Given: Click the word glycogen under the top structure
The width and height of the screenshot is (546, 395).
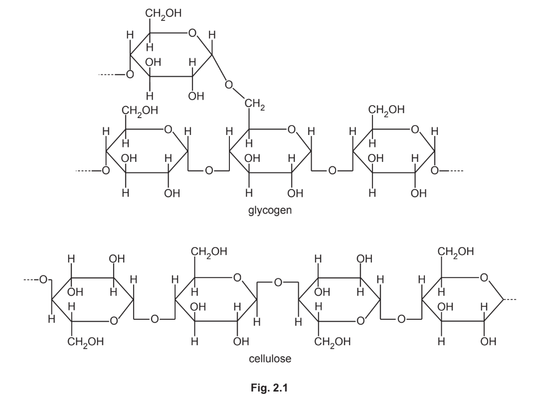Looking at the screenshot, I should click(270, 211).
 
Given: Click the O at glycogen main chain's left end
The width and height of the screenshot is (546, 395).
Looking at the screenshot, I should click(105, 171).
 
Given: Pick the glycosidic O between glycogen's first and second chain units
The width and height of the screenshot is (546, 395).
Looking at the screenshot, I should click(209, 171).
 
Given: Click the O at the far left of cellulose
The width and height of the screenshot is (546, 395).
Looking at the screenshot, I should click(43, 279).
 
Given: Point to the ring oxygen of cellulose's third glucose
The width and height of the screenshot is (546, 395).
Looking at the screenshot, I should click(361, 322).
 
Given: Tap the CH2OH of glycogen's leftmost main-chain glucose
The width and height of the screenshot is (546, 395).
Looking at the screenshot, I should click(136, 110).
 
